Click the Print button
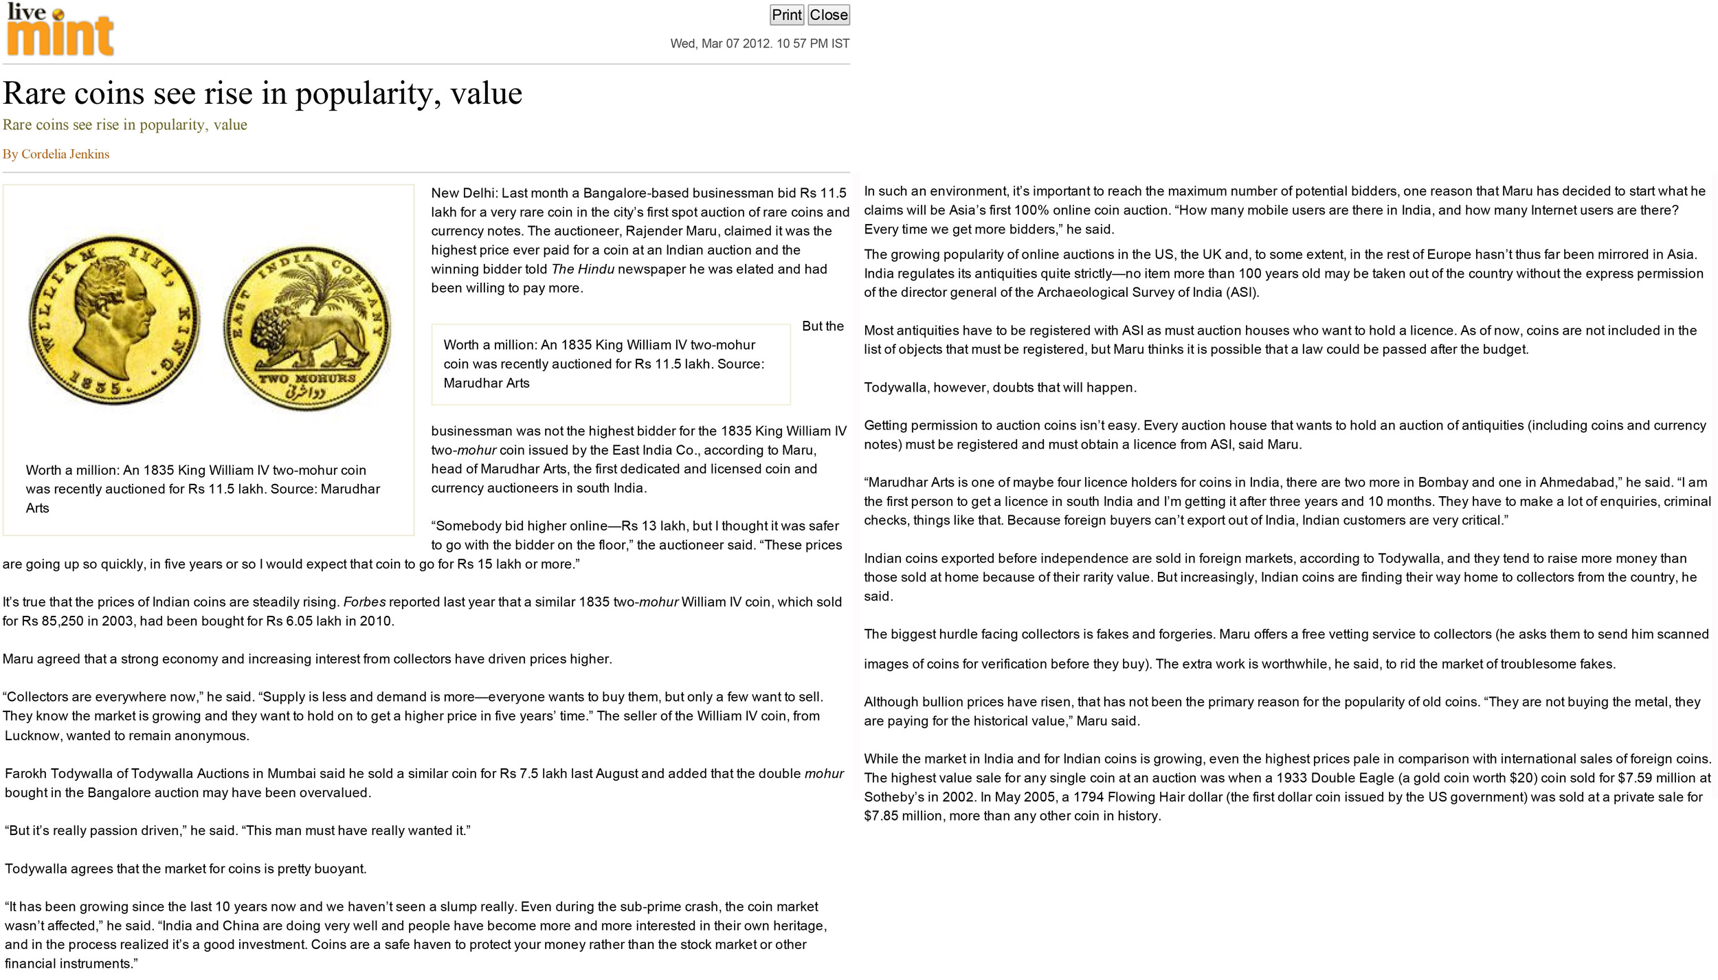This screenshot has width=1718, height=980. coord(786,15)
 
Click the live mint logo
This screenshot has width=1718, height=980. coord(60,30)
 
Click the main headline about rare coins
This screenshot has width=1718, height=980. coord(263,93)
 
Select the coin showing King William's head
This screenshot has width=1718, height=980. coord(115,320)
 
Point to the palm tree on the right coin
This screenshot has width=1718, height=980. coord(313,289)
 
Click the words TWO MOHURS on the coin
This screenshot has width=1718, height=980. coord(307,379)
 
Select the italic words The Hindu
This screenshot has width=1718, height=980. coord(583,269)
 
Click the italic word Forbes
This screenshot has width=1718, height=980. coord(364,603)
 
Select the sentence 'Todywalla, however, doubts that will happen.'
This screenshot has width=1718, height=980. coord(1000,388)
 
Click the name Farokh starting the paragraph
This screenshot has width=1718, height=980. coord(26,774)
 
